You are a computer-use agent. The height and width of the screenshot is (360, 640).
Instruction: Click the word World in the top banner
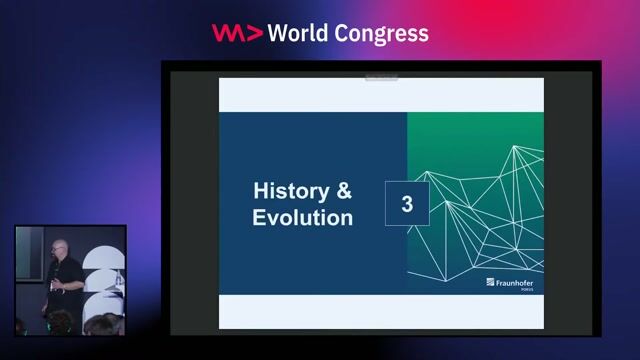point(302,32)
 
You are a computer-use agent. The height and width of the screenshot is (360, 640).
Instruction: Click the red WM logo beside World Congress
point(237,32)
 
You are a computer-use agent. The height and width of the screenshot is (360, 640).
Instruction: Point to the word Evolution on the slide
point(302,217)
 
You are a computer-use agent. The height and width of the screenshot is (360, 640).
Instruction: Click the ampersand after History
point(343,189)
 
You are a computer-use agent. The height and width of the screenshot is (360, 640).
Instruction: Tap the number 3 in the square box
point(407,204)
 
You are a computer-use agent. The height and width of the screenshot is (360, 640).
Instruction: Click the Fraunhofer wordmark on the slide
point(519,284)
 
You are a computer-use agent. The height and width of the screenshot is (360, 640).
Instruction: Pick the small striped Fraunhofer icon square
point(490,284)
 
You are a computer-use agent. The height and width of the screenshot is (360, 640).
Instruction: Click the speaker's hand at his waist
point(59,286)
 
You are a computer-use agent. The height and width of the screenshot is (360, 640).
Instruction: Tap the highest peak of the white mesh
point(516,147)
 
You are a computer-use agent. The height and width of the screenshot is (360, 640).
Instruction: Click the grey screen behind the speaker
point(29,260)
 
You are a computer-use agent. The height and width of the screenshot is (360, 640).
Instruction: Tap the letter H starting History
point(261,189)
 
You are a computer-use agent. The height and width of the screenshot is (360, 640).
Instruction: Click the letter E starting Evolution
point(259,217)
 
